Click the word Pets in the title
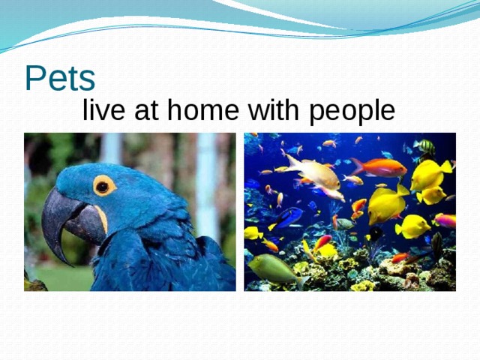click(x=60, y=78)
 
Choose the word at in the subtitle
click(x=148, y=112)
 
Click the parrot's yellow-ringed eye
click(x=104, y=184)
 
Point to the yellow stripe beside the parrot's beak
click(x=100, y=218)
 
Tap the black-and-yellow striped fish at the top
click(x=426, y=146)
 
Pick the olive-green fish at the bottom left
click(x=274, y=268)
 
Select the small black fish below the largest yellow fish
click(x=373, y=234)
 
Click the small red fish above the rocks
click(x=400, y=258)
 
